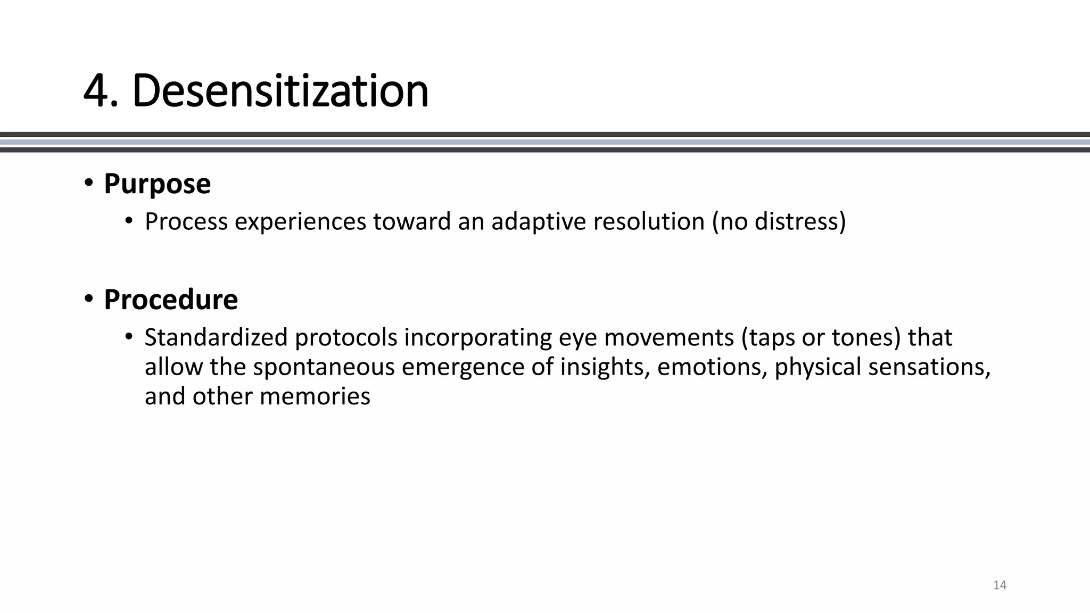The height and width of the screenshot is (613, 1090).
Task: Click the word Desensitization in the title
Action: coord(280,90)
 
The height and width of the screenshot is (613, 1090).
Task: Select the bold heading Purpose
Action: coord(157,184)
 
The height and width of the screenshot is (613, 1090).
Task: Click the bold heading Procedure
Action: coord(170,299)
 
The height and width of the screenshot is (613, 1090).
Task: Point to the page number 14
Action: coord(1000,585)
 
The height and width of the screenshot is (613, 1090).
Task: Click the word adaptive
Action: coord(539,221)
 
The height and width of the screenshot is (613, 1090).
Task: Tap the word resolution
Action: coord(649,221)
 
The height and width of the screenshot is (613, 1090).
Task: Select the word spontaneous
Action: coord(324,367)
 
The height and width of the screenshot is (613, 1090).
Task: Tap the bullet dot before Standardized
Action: coord(128,337)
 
